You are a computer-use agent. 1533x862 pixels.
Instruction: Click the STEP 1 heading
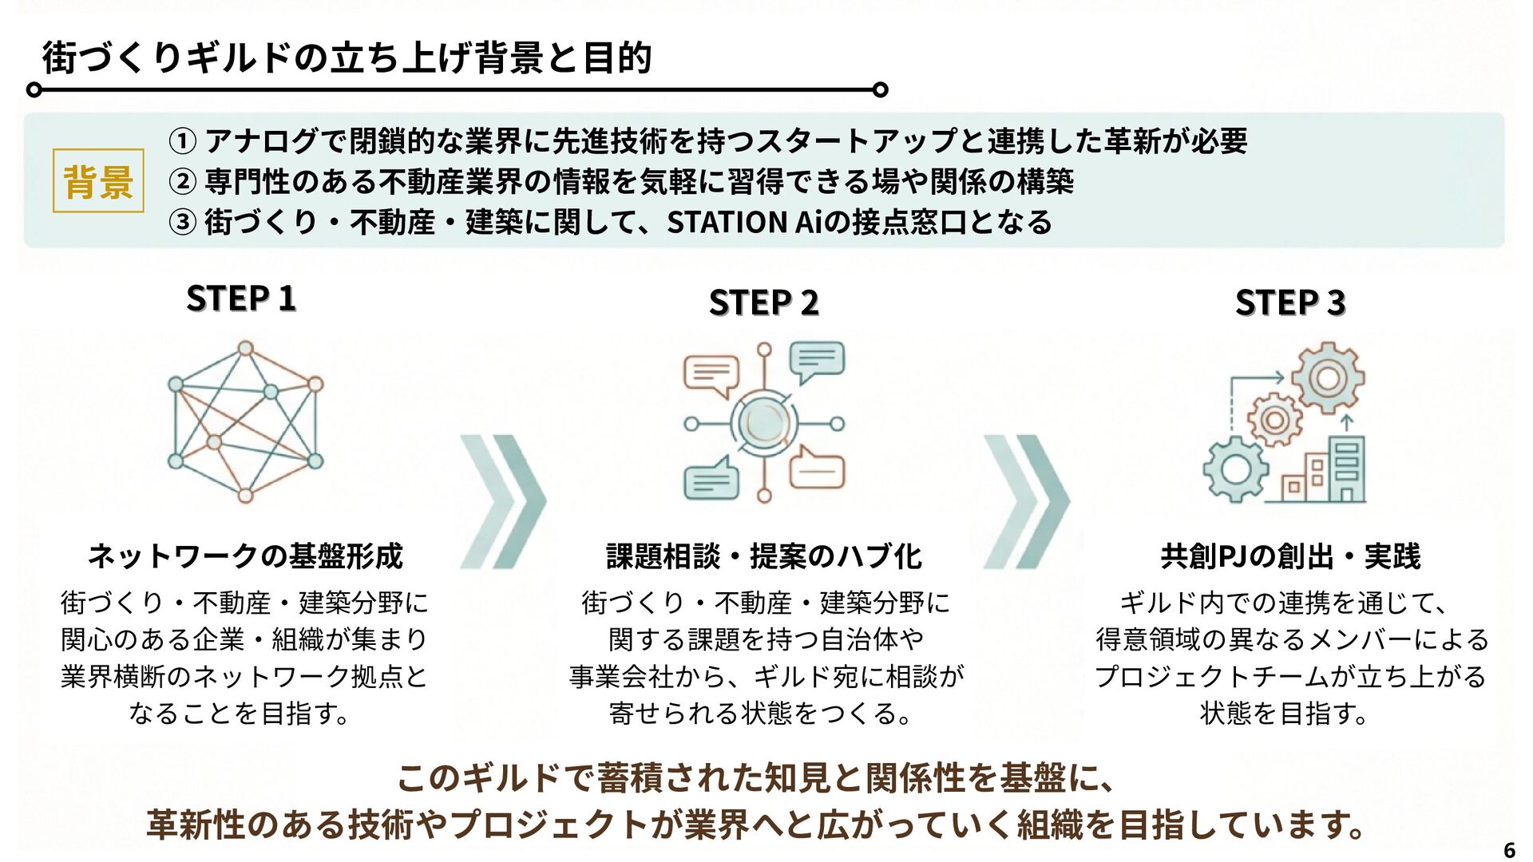coord(241,299)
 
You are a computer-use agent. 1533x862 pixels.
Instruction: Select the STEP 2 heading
coord(763,302)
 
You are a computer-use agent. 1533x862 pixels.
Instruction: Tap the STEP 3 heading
coord(1290,302)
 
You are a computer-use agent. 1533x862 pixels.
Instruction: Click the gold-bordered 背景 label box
coord(98,180)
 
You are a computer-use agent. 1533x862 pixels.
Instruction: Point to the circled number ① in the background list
coord(182,141)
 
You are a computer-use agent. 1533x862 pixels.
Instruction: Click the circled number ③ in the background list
coord(182,222)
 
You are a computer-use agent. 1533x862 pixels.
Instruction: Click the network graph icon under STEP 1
coord(246,421)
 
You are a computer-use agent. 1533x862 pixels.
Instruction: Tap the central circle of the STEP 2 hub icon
coord(764,424)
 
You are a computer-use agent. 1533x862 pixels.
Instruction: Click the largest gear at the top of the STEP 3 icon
coord(1327,378)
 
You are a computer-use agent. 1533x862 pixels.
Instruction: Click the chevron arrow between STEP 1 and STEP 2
coord(503,501)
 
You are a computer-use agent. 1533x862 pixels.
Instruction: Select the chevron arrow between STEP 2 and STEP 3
coord(1026,501)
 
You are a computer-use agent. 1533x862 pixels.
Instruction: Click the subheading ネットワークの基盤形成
coord(245,556)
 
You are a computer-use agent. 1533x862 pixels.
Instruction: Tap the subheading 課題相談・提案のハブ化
coord(764,556)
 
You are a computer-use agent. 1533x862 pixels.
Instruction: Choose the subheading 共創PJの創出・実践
coord(1290,556)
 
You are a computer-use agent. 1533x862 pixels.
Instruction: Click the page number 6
coord(1509,849)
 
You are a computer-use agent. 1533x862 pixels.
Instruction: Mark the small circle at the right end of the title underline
coord(881,89)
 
